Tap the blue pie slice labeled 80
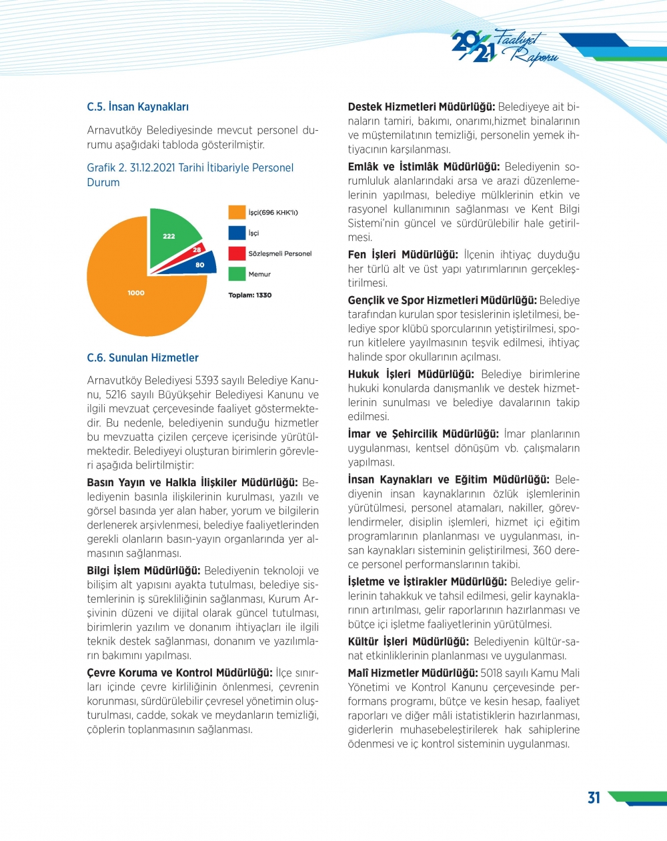click(x=199, y=265)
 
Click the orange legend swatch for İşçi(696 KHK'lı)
click(x=237, y=213)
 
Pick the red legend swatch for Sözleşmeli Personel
click(x=237, y=253)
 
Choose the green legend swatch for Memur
click(x=237, y=274)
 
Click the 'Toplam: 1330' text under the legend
click(x=250, y=295)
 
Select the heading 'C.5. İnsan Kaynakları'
click(x=137, y=107)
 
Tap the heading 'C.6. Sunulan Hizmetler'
click(x=143, y=358)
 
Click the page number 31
click(x=594, y=798)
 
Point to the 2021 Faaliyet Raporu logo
click(x=504, y=47)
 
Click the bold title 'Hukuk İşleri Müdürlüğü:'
click(x=411, y=375)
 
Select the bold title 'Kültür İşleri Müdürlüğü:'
click(x=408, y=642)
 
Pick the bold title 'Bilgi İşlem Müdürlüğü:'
click(x=143, y=571)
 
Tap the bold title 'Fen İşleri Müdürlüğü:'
click(x=403, y=255)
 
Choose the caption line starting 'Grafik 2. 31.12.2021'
click(x=190, y=168)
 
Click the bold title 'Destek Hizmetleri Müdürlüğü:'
click(x=421, y=107)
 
